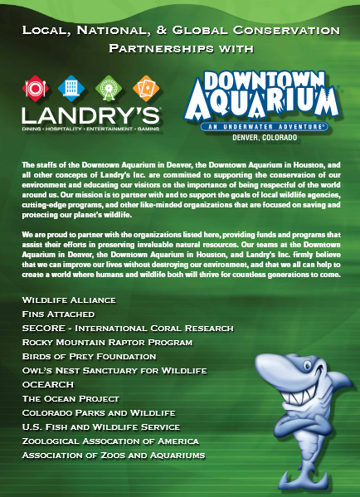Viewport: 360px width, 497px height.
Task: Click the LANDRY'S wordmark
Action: pos(91,114)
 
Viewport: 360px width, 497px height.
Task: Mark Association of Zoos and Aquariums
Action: pos(114,456)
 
